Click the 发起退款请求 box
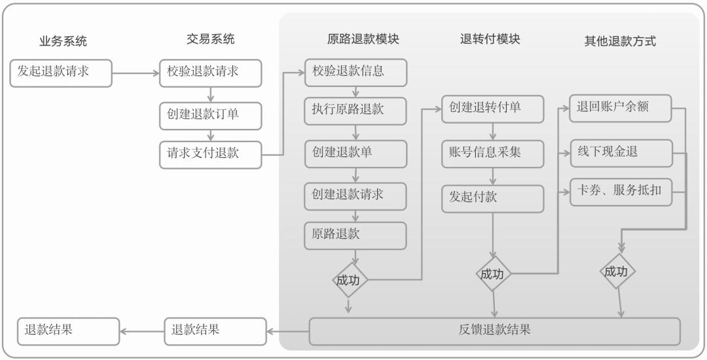61,72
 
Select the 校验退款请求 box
209,72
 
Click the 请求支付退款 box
209,154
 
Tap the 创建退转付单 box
492,109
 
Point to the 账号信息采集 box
492,153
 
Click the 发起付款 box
492,198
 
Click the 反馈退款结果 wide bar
494,331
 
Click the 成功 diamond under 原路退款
348,280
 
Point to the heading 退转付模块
490,39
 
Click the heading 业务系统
63,41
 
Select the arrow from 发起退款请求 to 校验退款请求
136,73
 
